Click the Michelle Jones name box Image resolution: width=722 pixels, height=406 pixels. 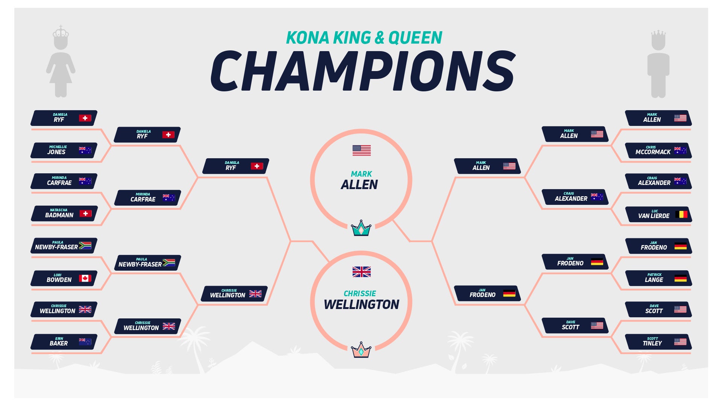(x=64, y=150)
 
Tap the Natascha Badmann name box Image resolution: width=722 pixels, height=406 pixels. (x=64, y=214)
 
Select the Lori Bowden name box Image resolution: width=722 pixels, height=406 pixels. (x=64, y=278)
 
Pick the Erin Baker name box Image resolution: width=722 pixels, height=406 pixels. (x=64, y=342)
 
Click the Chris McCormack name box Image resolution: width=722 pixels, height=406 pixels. (x=658, y=150)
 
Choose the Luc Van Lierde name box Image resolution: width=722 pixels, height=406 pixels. (x=658, y=214)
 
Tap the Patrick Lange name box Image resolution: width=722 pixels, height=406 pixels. (x=658, y=278)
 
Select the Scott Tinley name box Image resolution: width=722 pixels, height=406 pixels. (x=658, y=342)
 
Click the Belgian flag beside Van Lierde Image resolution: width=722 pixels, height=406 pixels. (x=681, y=214)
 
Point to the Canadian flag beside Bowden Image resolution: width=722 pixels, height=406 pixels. (x=85, y=278)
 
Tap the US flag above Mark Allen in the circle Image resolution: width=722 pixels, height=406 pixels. (x=361, y=150)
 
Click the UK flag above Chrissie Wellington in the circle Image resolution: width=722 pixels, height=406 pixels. (x=361, y=272)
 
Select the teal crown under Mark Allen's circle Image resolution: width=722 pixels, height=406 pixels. (x=361, y=228)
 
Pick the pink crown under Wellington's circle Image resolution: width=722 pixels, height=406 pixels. (x=361, y=350)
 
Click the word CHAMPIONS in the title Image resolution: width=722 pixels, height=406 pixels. (x=363, y=71)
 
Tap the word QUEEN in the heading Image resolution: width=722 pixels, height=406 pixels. (x=415, y=38)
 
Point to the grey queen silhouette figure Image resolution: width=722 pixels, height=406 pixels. (x=61, y=61)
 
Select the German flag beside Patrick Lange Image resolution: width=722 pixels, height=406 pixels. (x=680, y=278)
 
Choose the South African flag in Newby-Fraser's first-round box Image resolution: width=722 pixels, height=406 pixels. (x=85, y=245)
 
